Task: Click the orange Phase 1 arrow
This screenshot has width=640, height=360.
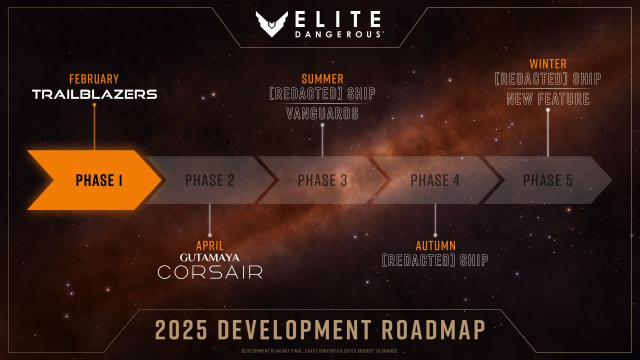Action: click(x=95, y=180)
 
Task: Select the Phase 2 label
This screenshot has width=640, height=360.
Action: click(x=209, y=180)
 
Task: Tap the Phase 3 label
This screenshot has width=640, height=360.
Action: click(x=322, y=180)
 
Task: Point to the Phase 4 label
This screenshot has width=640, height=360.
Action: click(x=435, y=180)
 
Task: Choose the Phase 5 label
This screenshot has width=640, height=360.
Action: click(x=547, y=180)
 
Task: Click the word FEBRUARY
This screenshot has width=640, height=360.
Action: click(x=94, y=79)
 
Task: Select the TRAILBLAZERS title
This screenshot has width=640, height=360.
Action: click(x=94, y=94)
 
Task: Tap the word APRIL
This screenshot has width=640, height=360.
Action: click(x=210, y=245)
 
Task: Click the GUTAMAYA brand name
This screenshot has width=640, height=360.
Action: click(x=210, y=257)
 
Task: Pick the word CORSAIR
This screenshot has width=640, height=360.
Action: click(x=210, y=272)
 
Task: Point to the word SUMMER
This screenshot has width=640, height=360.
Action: click(x=322, y=79)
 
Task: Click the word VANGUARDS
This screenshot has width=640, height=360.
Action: click(x=322, y=113)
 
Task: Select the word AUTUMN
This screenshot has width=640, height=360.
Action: click(x=435, y=245)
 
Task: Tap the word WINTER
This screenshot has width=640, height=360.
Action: click(x=548, y=64)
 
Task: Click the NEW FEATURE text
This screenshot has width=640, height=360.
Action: click(x=548, y=98)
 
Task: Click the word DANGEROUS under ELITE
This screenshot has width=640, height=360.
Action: click(x=338, y=34)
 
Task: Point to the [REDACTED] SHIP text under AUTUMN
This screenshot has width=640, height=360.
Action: click(x=435, y=260)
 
